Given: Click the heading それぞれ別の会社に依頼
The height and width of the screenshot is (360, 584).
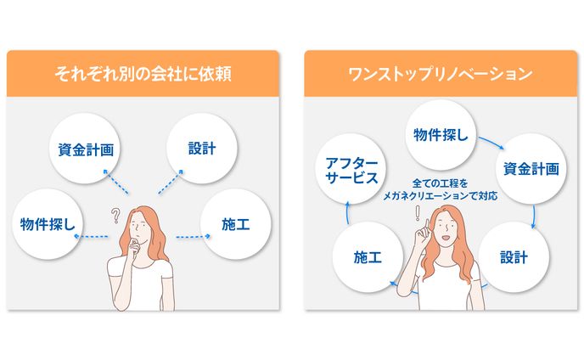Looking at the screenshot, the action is pyautogui.click(x=143, y=73).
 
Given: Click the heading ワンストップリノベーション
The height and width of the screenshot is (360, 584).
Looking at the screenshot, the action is pyautogui.click(x=441, y=74).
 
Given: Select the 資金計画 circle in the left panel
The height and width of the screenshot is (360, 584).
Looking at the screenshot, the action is pyautogui.click(x=85, y=149).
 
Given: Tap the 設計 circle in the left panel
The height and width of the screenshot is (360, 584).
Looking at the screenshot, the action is pyautogui.click(x=202, y=149).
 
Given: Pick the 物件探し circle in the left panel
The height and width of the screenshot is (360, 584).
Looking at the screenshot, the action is pyautogui.click(x=48, y=224).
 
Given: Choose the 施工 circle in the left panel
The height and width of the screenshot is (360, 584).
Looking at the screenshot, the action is pyautogui.click(x=236, y=224).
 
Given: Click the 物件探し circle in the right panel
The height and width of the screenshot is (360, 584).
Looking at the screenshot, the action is pyautogui.click(x=441, y=134).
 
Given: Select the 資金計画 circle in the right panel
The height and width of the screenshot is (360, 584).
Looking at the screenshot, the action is pyautogui.click(x=531, y=169).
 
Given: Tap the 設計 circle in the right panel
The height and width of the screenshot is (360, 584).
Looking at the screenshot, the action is pyautogui.click(x=514, y=257).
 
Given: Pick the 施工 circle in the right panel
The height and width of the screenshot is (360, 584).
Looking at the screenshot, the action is pyautogui.click(x=368, y=257).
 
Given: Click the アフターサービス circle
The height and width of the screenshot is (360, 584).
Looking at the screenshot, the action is pyautogui.click(x=351, y=169).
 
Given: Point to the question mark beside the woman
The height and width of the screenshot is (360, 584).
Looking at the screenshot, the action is pyautogui.click(x=115, y=216).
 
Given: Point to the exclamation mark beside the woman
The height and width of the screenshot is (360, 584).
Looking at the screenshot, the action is pyautogui.click(x=418, y=213).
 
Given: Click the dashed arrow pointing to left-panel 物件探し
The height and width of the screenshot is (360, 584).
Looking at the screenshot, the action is pyautogui.click(x=91, y=236).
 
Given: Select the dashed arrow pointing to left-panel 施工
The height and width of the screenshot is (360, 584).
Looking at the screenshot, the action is pyautogui.click(x=193, y=236).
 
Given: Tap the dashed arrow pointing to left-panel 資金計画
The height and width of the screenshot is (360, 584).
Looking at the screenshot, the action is pyautogui.click(x=115, y=182).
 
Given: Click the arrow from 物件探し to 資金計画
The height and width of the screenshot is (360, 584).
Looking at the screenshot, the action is pyautogui.click(x=491, y=143).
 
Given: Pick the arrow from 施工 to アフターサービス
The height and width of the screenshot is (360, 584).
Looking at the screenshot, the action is pyautogui.click(x=347, y=212).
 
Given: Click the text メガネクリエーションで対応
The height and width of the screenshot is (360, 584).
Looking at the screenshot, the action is pyautogui.click(x=441, y=195).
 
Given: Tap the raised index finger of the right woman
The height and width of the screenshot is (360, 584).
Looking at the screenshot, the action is pyautogui.click(x=427, y=226).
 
